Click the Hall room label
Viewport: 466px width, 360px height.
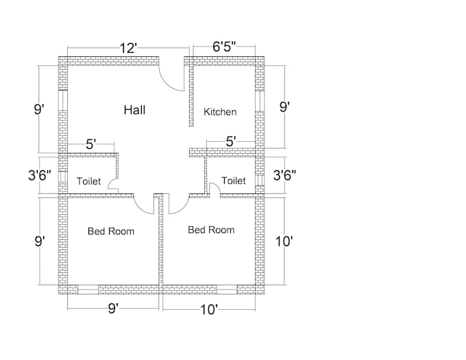tap(134, 110)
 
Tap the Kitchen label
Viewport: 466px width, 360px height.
tap(220, 112)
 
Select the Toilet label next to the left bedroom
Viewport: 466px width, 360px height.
tap(88, 182)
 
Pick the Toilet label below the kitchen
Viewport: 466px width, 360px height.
tap(233, 181)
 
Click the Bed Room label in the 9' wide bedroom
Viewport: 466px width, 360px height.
tap(111, 231)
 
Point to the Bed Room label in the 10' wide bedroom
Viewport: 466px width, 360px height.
tap(211, 230)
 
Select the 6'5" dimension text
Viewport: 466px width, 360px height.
tap(225, 47)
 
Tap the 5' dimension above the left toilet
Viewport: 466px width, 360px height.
tap(90, 144)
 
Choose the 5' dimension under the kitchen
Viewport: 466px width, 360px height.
tap(231, 141)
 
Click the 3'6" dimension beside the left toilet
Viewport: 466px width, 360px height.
tap(41, 175)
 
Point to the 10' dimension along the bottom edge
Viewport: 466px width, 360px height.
tap(208, 310)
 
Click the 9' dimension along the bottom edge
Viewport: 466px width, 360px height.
tap(114, 309)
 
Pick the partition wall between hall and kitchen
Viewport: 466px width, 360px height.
tap(191, 96)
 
